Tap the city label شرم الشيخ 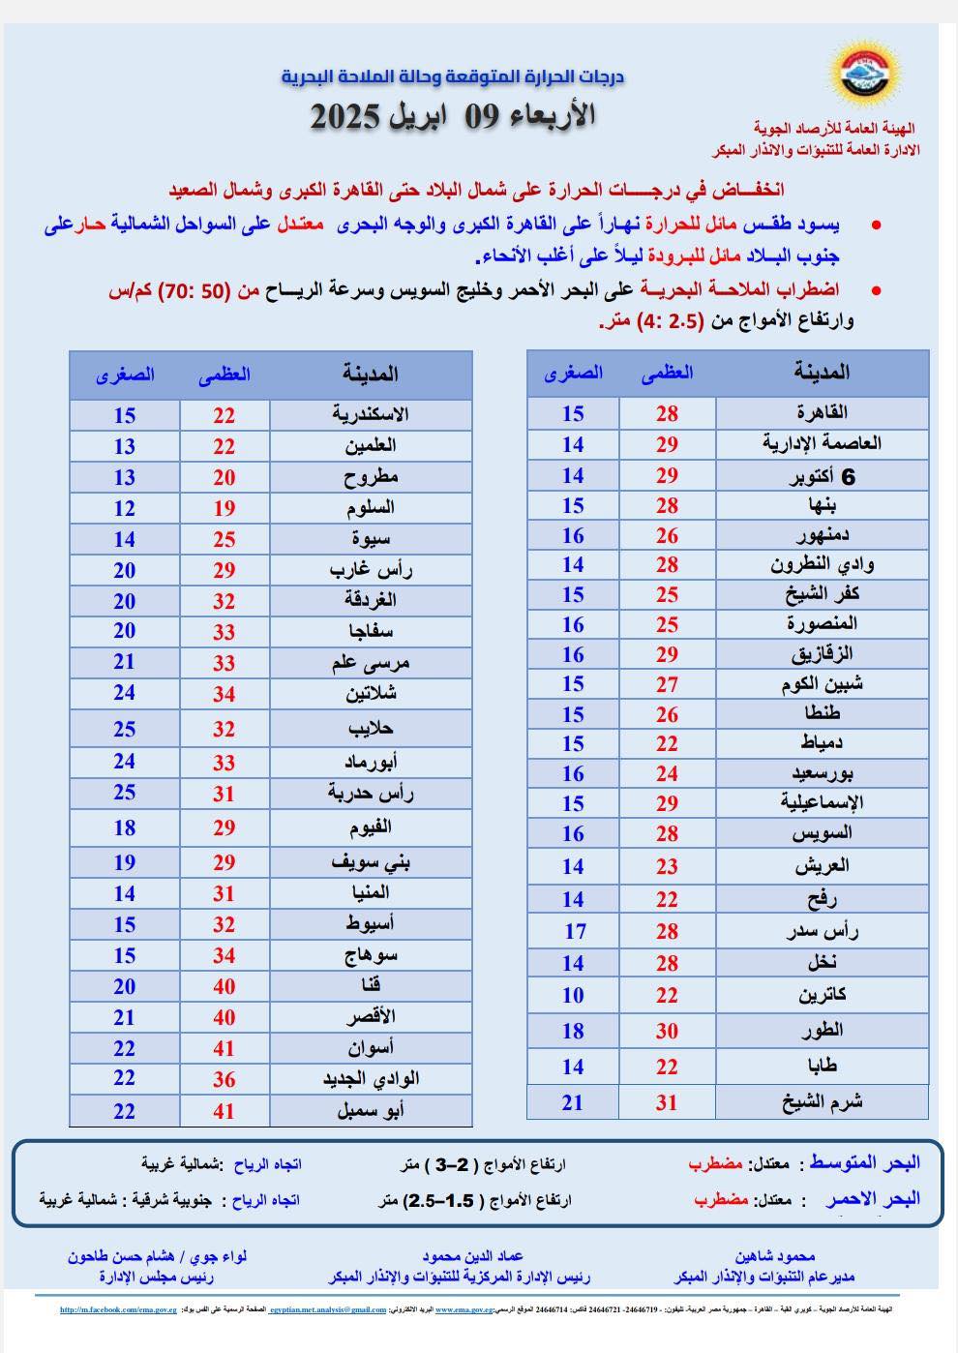(x=823, y=1101)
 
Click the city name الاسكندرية (x=371, y=414)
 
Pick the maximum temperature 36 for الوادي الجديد (x=225, y=1079)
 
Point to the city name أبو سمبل (x=371, y=1111)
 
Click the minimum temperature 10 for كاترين (x=573, y=995)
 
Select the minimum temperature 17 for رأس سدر (x=576, y=931)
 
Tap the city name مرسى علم (x=371, y=663)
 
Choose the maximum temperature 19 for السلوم (x=225, y=508)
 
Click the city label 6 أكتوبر (x=823, y=475)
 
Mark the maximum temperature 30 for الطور (x=667, y=1031)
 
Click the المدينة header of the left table (x=371, y=374)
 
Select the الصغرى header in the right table (x=573, y=372)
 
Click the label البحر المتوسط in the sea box (x=865, y=1162)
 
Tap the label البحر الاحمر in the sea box (x=872, y=1199)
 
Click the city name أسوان (x=371, y=1047)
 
